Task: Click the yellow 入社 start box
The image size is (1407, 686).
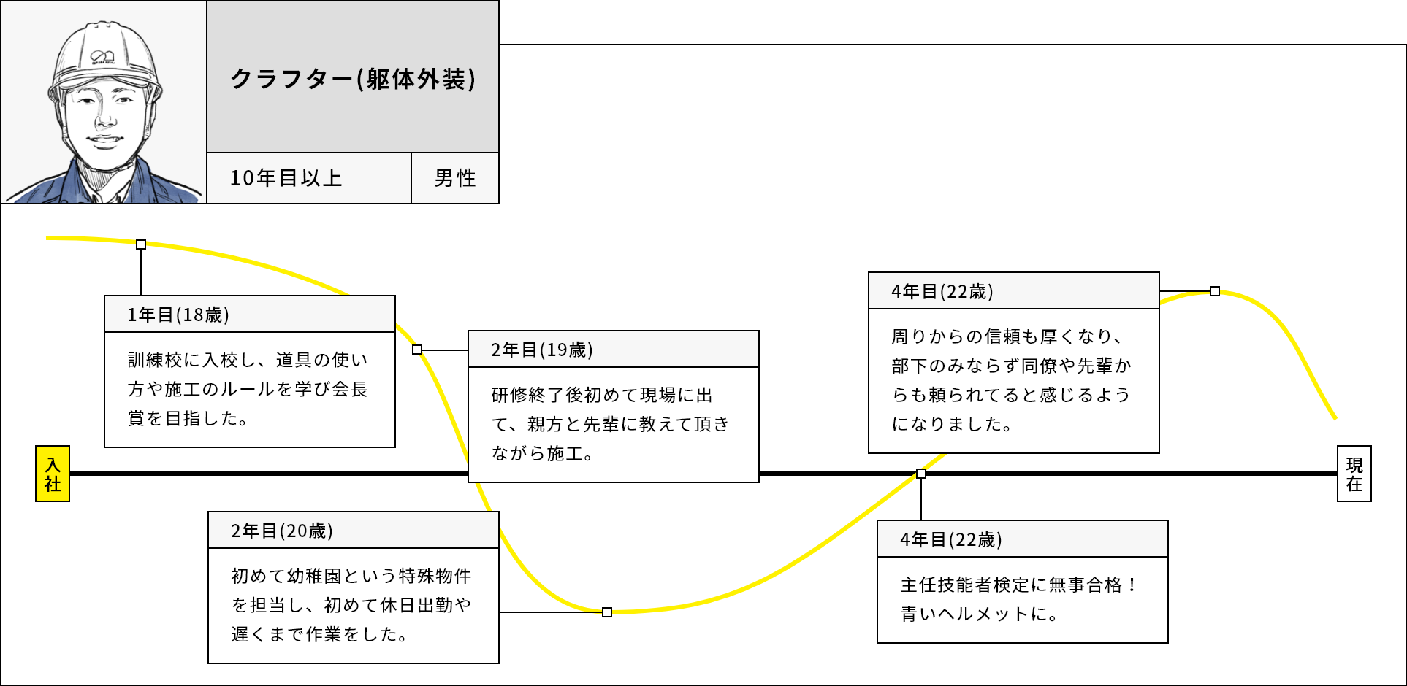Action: [x=53, y=474]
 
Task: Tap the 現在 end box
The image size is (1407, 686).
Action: [x=1354, y=474]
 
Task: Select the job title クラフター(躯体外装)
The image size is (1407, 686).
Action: [x=353, y=79]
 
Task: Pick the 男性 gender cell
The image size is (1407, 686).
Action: [x=455, y=178]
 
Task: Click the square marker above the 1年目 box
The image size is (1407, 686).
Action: [x=141, y=244]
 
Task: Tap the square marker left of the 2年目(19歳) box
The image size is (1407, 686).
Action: [x=417, y=350]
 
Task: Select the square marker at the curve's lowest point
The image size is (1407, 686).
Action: [x=607, y=612]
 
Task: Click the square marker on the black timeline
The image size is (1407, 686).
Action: [x=921, y=474]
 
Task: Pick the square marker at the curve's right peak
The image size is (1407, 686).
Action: [x=1215, y=291]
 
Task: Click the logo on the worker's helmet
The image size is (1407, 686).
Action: [x=102, y=56]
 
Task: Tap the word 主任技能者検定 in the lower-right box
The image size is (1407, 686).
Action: [x=964, y=585]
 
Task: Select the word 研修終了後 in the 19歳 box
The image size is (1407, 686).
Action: [x=537, y=395]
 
